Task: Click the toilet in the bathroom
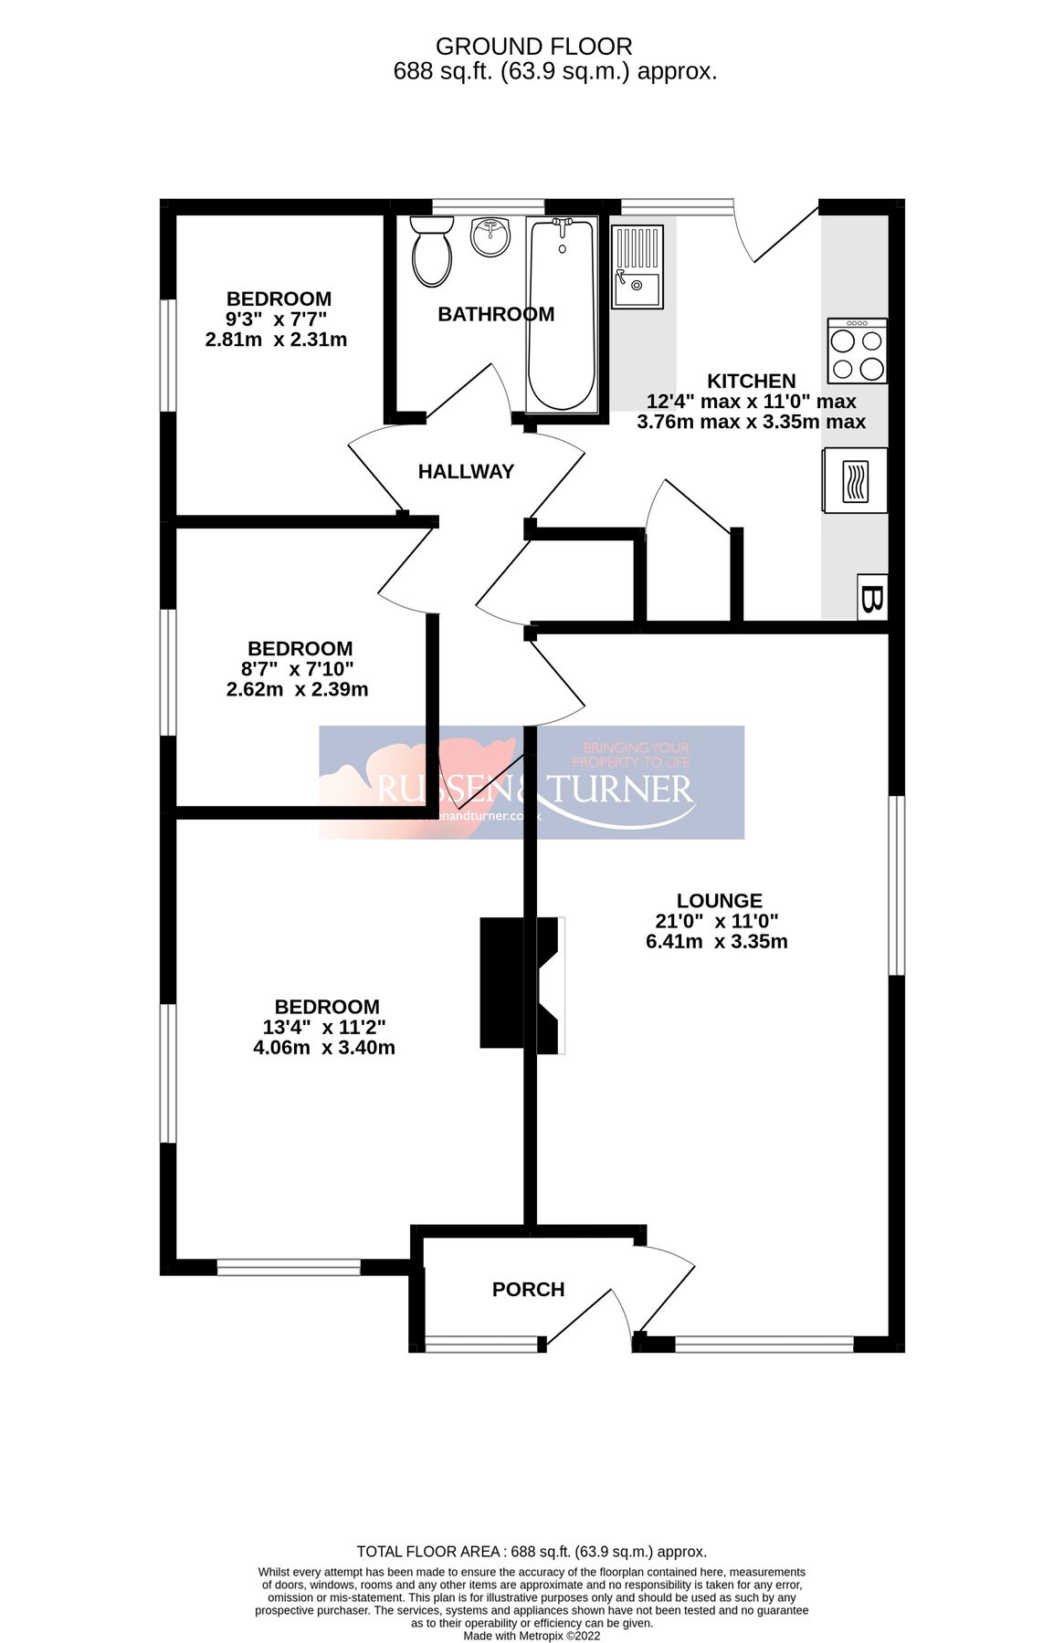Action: click(x=431, y=252)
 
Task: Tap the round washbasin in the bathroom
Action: click(x=491, y=237)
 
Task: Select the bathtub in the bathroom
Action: click(x=562, y=313)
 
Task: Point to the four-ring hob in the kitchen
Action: click(x=857, y=351)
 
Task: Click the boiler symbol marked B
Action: click(x=872, y=599)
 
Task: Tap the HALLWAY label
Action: click(x=466, y=472)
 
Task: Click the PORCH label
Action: click(x=528, y=1290)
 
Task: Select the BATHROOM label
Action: click(x=496, y=315)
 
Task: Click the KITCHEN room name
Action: click(x=752, y=382)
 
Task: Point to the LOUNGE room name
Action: click(x=719, y=901)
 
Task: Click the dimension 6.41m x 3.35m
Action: click(x=716, y=942)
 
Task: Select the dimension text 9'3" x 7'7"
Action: click(x=277, y=319)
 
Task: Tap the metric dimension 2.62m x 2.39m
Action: click(x=297, y=690)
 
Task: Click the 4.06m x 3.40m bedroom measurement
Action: click(x=324, y=1048)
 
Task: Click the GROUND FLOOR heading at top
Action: click(x=533, y=47)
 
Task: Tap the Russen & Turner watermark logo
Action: click(x=532, y=783)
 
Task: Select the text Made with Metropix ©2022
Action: click(x=532, y=1636)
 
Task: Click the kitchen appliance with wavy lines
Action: click(x=855, y=480)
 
